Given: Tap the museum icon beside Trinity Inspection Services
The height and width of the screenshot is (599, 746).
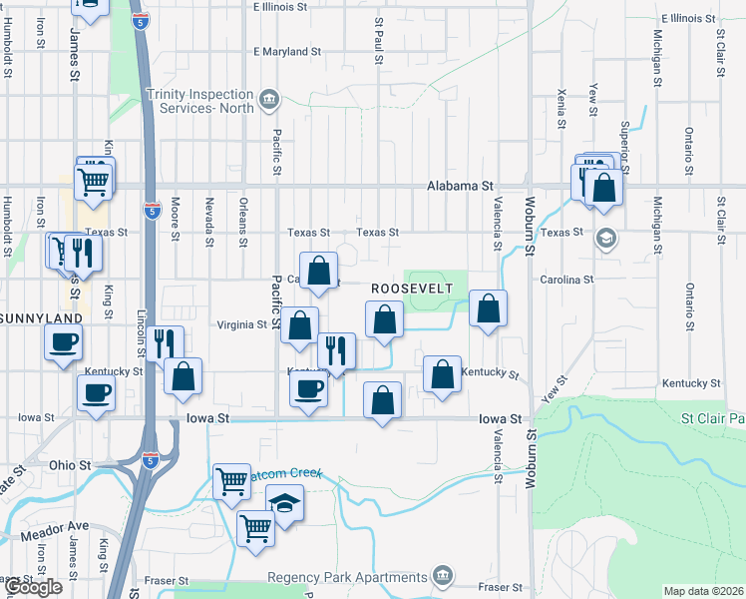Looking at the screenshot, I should pyautogui.click(x=268, y=99).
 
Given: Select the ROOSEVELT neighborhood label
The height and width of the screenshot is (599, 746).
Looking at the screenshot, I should pyautogui.click(x=412, y=288).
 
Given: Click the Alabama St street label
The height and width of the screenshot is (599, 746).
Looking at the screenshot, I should pyautogui.click(x=460, y=186).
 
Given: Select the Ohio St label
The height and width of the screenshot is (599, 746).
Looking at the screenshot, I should pyautogui.click(x=70, y=465).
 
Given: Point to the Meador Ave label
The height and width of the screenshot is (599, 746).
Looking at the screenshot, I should pyautogui.click(x=64, y=526).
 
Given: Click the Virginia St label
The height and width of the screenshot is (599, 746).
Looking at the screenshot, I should pyautogui.click(x=243, y=324).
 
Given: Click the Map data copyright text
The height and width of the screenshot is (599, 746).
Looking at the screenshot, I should pyautogui.click(x=704, y=591).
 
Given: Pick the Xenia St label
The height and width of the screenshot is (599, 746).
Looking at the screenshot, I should pyautogui.click(x=562, y=106).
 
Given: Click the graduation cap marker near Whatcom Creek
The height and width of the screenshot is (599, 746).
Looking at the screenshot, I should pyautogui.click(x=284, y=503).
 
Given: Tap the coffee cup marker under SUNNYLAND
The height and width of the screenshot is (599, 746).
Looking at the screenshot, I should pyautogui.click(x=65, y=344).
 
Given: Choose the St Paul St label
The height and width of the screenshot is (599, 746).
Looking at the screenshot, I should pyautogui.click(x=379, y=37).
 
